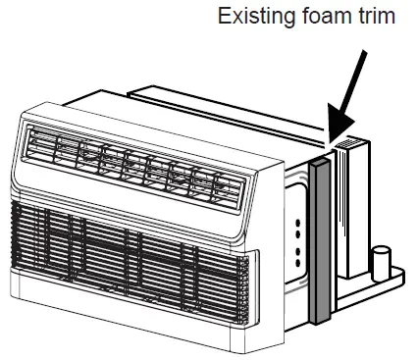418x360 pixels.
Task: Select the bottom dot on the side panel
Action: [297, 262]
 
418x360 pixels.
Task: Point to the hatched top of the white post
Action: [345, 148]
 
